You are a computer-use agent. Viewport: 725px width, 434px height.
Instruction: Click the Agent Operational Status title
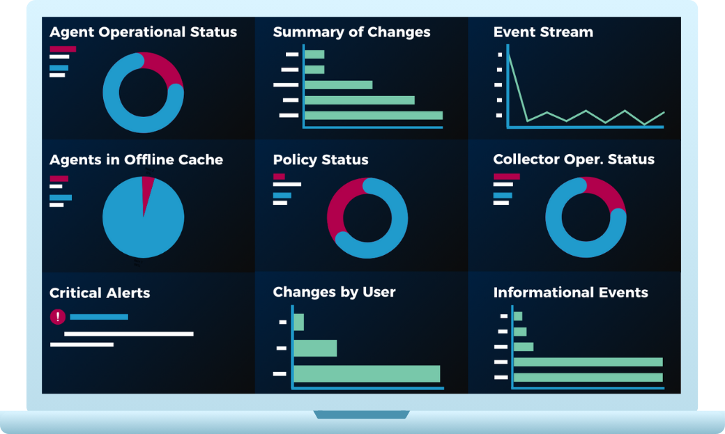point(143,32)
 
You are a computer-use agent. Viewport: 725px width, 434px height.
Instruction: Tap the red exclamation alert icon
point(58,317)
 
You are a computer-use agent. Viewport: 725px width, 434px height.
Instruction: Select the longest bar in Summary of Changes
point(373,116)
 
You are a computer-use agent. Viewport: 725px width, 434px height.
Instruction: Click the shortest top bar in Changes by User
point(299,322)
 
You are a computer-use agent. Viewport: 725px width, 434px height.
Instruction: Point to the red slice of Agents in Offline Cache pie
point(148,187)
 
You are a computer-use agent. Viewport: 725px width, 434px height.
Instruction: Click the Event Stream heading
point(543,32)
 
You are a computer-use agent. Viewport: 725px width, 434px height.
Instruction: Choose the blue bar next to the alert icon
point(99,317)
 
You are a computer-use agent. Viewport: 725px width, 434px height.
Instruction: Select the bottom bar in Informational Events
point(588,378)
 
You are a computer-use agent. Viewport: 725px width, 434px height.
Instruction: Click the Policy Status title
point(320,160)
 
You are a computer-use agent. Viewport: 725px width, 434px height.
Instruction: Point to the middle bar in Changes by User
point(315,348)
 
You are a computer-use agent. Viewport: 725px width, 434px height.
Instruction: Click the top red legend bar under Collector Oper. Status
point(506,176)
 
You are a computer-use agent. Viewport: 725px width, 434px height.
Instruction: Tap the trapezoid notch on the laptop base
point(361,414)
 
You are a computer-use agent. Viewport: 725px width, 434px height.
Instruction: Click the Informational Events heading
point(570,293)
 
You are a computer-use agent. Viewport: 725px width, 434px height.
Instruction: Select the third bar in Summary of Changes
point(338,85)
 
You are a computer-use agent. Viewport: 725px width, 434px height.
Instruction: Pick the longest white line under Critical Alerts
point(128,334)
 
